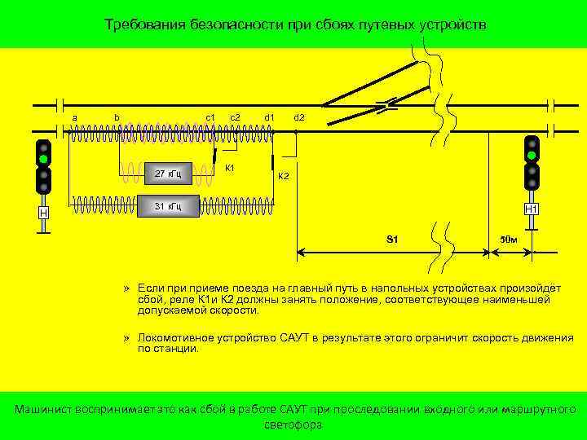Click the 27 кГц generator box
click(x=167, y=173)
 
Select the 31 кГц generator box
click(x=167, y=206)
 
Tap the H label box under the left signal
click(x=43, y=213)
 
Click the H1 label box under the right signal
click(x=531, y=209)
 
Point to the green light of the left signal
click(x=43, y=160)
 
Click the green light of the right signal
click(x=532, y=156)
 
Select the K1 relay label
click(x=230, y=168)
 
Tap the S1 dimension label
click(x=392, y=240)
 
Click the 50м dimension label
click(x=509, y=240)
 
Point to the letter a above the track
click(x=74, y=118)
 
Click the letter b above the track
click(x=117, y=117)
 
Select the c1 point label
click(x=210, y=117)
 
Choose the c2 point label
click(x=235, y=117)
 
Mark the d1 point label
click(x=269, y=117)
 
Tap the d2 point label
click(x=298, y=117)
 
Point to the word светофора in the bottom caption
click(x=293, y=425)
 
